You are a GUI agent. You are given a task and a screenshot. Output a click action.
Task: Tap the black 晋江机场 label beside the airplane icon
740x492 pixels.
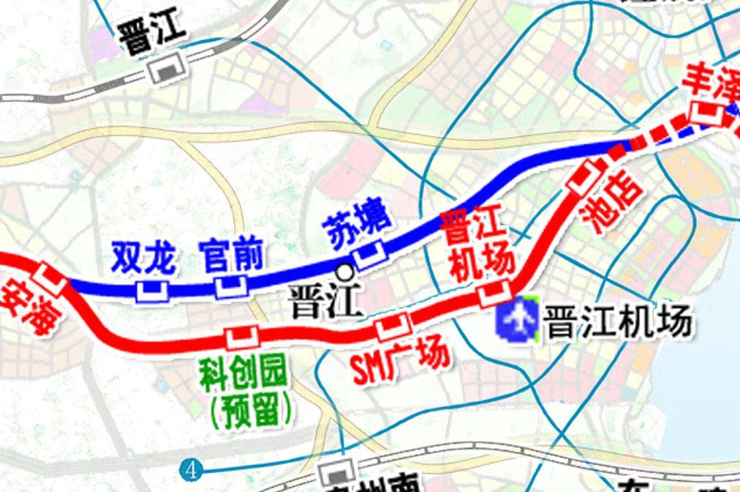(x=618, y=321)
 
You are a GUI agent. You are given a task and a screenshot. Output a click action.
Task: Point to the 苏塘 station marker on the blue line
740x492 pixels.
(x=369, y=253)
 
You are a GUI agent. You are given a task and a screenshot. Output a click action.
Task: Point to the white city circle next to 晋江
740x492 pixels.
(x=344, y=272)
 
